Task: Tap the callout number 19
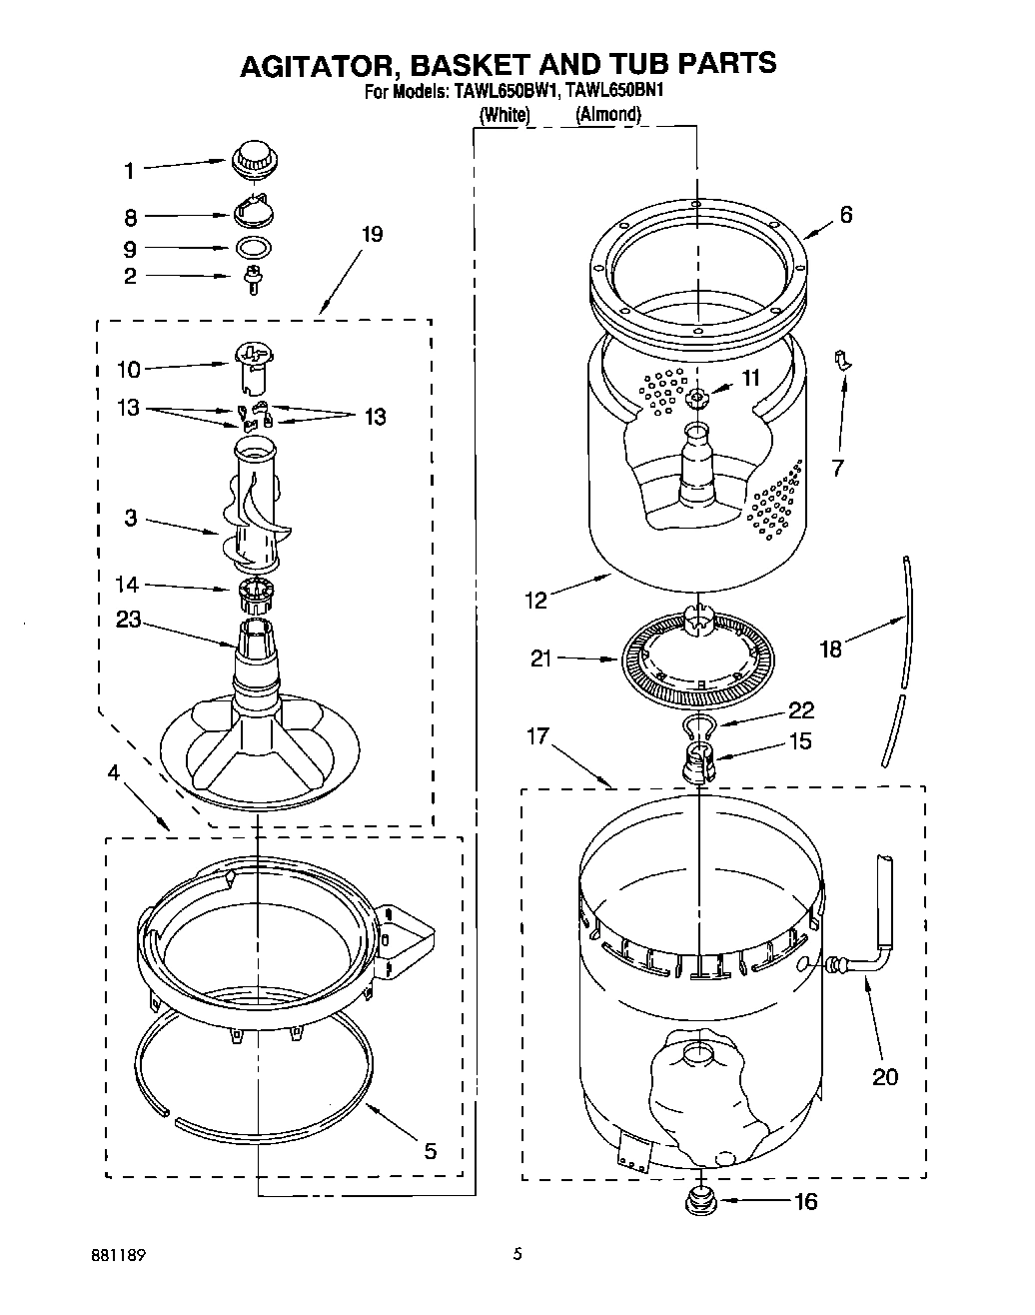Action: pyautogui.click(x=372, y=235)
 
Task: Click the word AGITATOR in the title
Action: pyautogui.click(x=312, y=64)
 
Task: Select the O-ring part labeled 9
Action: pyautogui.click(x=255, y=248)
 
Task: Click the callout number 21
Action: pyautogui.click(x=540, y=657)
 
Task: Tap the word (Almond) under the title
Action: pyautogui.click(x=607, y=115)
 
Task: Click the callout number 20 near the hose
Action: pyautogui.click(x=885, y=1076)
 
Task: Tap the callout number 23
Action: pyautogui.click(x=128, y=620)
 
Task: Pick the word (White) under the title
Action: pyautogui.click(x=504, y=115)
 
